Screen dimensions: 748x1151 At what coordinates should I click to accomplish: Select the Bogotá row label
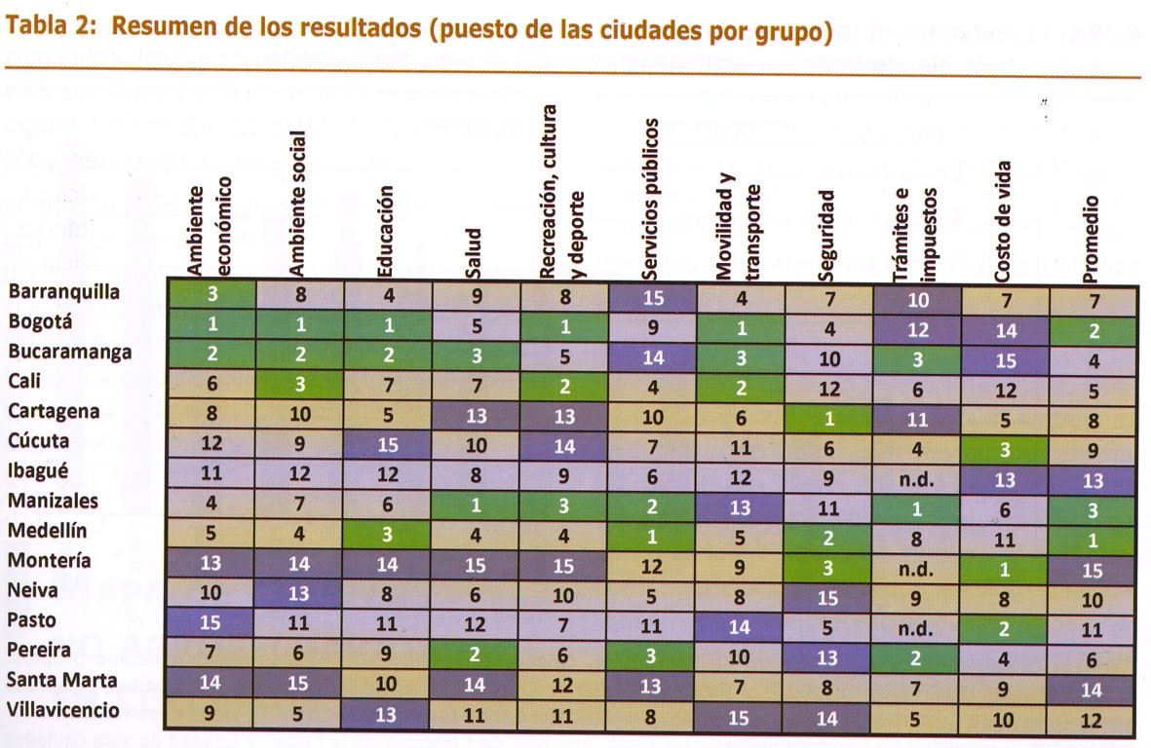click(x=41, y=322)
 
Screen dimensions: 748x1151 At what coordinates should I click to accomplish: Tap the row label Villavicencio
click(x=65, y=710)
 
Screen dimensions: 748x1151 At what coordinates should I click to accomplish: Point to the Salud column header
click(x=473, y=253)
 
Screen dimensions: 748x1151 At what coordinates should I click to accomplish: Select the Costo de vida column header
click(x=1004, y=222)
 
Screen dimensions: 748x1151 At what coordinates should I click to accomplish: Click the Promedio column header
click(x=1091, y=239)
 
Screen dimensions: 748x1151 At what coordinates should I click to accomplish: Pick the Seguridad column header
click(x=827, y=234)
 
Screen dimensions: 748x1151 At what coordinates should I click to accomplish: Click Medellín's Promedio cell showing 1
click(x=1093, y=540)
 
